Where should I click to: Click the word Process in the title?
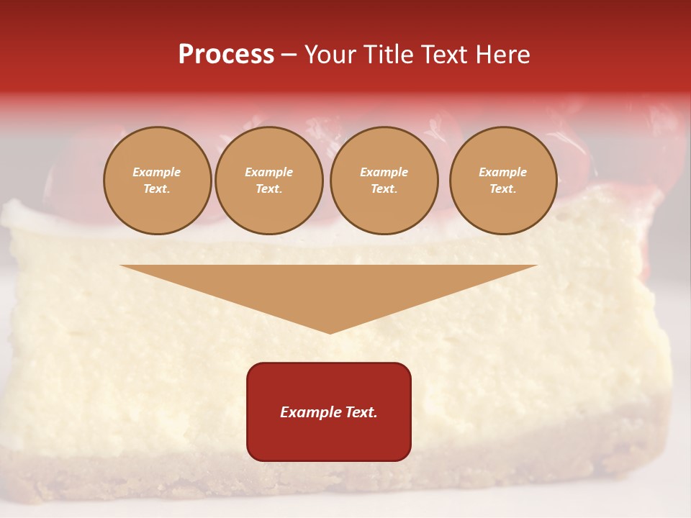tap(226, 55)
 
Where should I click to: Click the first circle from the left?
tap(157, 180)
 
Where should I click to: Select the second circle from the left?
tap(268, 180)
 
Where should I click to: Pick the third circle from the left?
tap(384, 180)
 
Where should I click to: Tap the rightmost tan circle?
tap(502, 180)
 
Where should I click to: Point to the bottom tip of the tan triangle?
tap(330, 332)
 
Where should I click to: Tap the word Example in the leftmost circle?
tap(157, 172)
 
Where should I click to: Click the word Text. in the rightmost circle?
tap(502, 188)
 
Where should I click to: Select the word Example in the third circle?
tap(384, 172)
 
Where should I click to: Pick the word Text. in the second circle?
tap(268, 188)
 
